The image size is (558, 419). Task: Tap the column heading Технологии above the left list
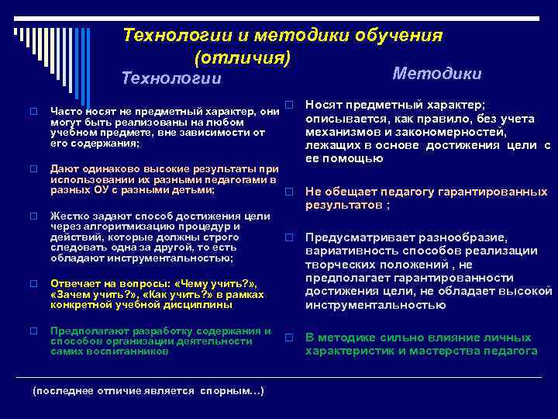click(x=172, y=78)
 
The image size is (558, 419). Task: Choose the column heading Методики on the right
click(x=437, y=73)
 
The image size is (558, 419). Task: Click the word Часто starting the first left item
click(x=66, y=112)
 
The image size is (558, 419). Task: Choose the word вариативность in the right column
click(x=347, y=251)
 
